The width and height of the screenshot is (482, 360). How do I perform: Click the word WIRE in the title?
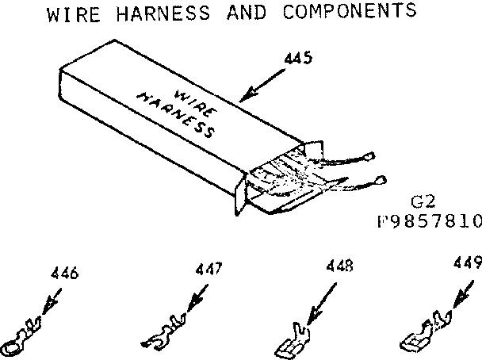[x=72, y=13]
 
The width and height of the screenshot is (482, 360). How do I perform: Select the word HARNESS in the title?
[x=161, y=13]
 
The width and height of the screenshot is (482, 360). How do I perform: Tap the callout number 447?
[x=208, y=269]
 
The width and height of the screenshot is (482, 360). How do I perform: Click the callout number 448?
[x=339, y=266]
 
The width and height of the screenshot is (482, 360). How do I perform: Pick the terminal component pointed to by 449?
[x=423, y=330]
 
